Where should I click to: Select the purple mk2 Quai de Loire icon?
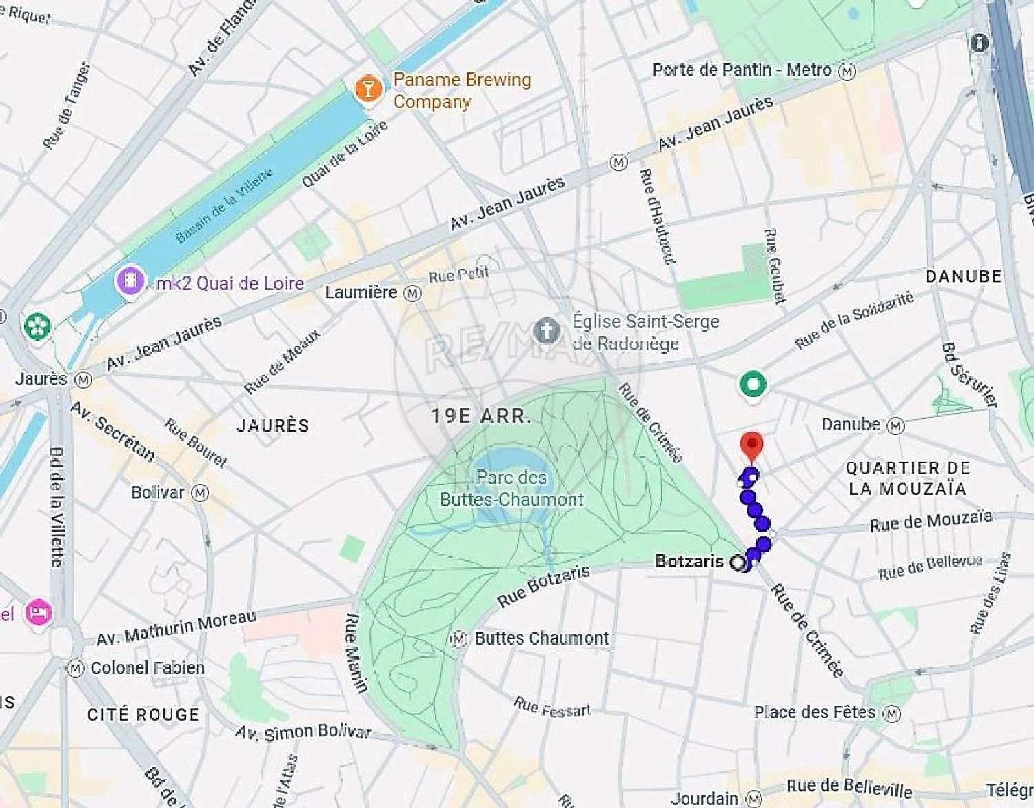(x=130, y=281)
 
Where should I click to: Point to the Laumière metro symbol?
(x=412, y=293)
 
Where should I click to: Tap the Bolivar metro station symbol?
(x=200, y=493)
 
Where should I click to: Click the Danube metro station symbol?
(x=895, y=425)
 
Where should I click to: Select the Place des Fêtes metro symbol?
(x=892, y=713)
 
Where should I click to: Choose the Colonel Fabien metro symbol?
(x=75, y=668)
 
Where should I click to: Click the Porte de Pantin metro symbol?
(x=847, y=70)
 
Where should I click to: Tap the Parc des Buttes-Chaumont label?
(x=511, y=488)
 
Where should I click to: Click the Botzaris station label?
(x=689, y=561)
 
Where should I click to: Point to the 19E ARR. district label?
(x=481, y=416)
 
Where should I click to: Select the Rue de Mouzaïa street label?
(x=931, y=521)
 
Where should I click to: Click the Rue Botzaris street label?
(x=544, y=585)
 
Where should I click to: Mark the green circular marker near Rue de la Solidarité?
(x=753, y=384)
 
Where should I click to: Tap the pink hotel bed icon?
(x=39, y=612)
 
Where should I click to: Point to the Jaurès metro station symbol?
(x=83, y=380)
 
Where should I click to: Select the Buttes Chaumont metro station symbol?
(x=458, y=639)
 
